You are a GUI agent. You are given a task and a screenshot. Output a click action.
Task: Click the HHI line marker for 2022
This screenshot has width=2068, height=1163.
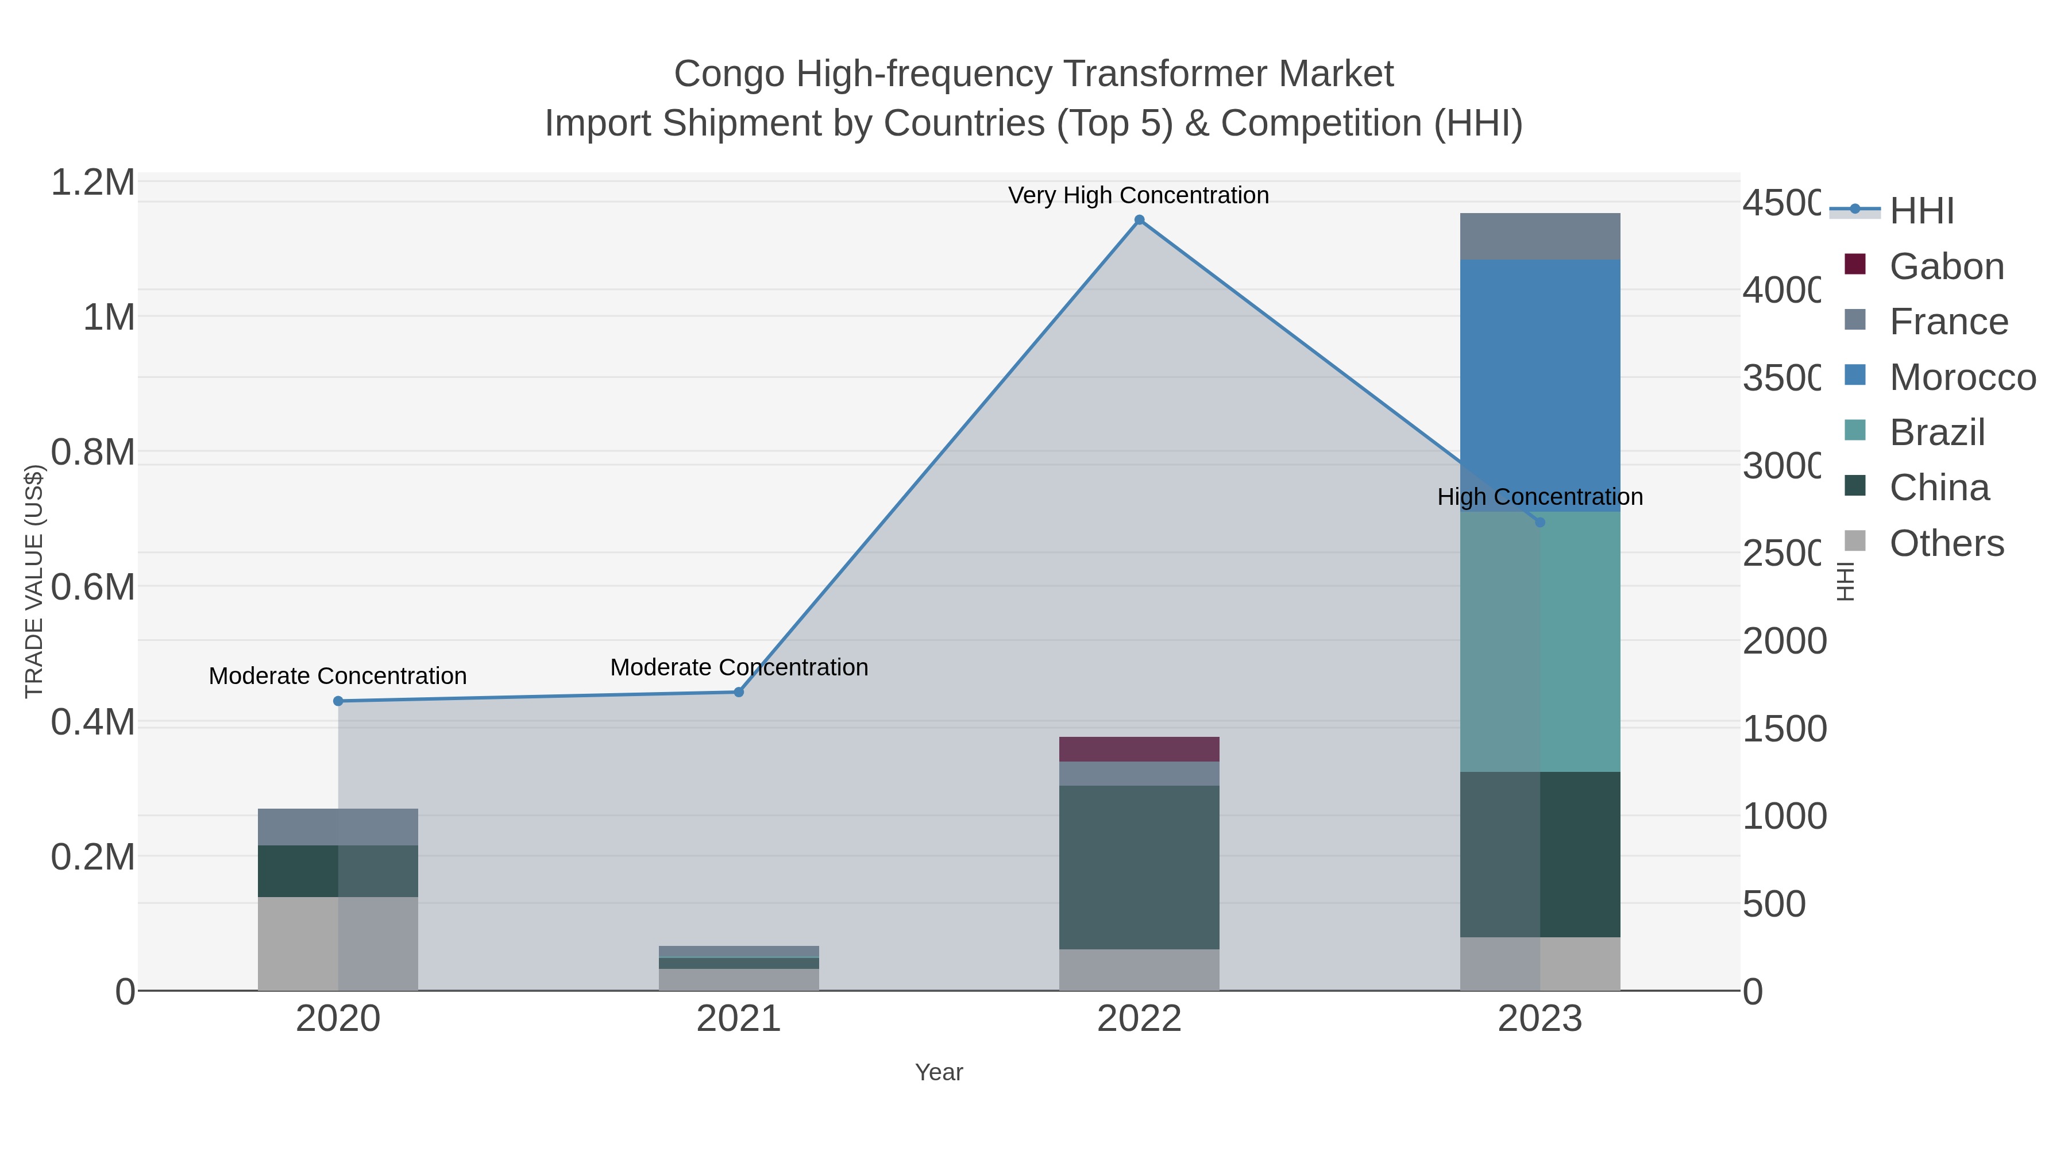click(x=1139, y=220)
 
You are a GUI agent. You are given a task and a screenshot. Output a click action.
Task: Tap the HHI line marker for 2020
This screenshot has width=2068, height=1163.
click(x=338, y=701)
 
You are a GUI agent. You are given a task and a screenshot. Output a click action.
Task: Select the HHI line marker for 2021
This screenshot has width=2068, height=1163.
click(x=739, y=692)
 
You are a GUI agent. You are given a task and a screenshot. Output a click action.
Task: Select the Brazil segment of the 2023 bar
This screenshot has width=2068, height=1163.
click(x=1540, y=642)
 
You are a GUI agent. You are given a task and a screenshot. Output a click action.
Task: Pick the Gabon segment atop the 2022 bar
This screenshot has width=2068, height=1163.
click(x=1139, y=749)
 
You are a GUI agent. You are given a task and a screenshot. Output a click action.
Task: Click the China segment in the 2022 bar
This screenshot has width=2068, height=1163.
click(x=1139, y=867)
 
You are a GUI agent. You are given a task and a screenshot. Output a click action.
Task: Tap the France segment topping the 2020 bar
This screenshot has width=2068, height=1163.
click(x=338, y=826)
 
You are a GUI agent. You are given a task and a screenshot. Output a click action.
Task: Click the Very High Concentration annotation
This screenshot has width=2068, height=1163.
click(x=1139, y=195)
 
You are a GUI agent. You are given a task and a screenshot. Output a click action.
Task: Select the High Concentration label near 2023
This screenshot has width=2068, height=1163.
click(x=1540, y=497)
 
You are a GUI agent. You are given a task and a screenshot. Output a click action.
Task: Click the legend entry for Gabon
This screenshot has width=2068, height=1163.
click(x=1946, y=266)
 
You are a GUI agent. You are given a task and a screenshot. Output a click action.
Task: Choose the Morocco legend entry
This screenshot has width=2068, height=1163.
click(x=1962, y=377)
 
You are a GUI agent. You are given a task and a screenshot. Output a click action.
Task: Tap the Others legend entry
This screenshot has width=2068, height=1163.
click(x=1946, y=543)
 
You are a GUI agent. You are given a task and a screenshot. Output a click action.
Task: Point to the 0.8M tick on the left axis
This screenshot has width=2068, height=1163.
click(x=93, y=453)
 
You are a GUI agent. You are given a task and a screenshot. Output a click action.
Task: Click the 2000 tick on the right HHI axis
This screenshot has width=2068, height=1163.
click(x=1784, y=642)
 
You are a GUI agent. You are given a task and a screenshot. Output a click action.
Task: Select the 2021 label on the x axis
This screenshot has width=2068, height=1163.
click(x=739, y=1019)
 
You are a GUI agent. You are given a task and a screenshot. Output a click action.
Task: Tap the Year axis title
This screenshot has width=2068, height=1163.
click(x=939, y=1072)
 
